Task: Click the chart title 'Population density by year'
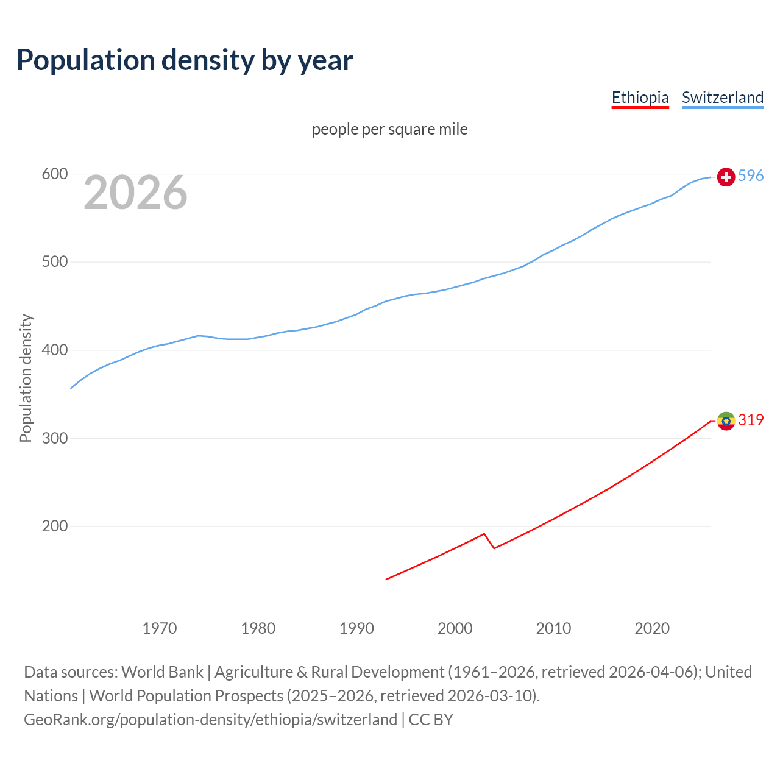point(185,60)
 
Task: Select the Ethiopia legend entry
point(640,97)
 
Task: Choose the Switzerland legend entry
point(722,97)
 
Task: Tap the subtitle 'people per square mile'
point(389,130)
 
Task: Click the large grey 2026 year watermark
point(135,193)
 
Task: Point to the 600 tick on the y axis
point(54,174)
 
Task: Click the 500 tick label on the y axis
point(54,262)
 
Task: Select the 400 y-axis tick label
point(54,350)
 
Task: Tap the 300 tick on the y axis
point(54,438)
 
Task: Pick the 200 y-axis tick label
point(54,526)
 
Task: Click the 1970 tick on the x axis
point(160,628)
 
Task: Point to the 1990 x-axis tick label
point(356,628)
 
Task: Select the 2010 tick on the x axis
point(553,628)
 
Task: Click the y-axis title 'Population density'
point(26,378)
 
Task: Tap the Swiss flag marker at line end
point(726,177)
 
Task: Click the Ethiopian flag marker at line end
point(726,420)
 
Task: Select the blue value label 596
point(751,176)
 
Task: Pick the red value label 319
point(751,420)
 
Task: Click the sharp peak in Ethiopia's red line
point(484,534)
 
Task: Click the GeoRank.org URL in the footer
point(210,720)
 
